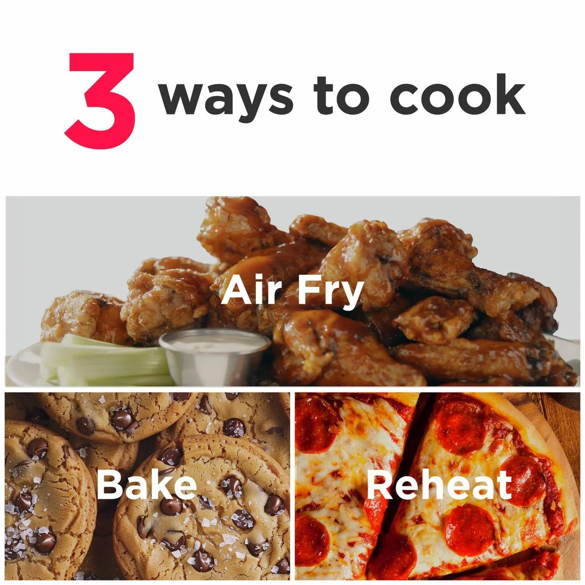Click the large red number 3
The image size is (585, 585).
(x=100, y=101)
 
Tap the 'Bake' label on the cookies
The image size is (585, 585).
(x=147, y=485)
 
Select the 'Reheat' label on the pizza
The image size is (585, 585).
(x=439, y=485)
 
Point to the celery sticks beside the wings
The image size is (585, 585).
(x=106, y=360)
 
